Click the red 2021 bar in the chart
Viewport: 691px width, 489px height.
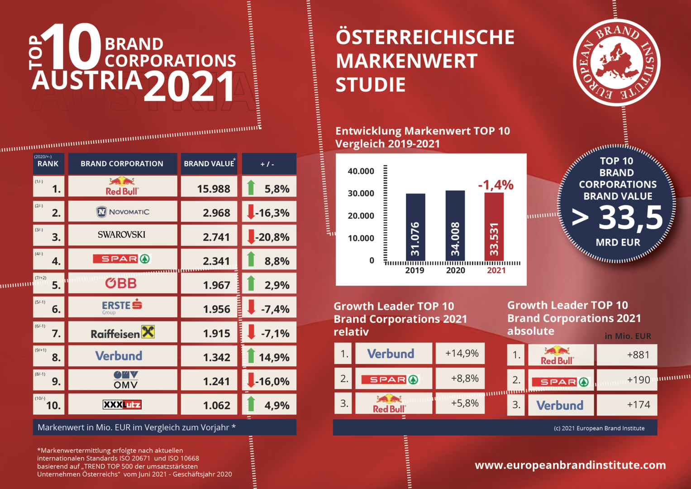pyautogui.click(x=494, y=227)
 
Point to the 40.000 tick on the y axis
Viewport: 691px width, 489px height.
pyautogui.click(x=361, y=171)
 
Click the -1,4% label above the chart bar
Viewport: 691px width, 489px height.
pyautogui.click(x=496, y=185)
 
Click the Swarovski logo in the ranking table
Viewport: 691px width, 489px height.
pyautogui.click(x=122, y=235)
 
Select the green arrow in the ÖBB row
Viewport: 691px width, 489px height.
pyautogui.click(x=251, y=283)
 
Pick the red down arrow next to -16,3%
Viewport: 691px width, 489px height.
pyautogui.click(x=251, y=212)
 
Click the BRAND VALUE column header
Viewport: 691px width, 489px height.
pyautogui.click(x=209, y=164)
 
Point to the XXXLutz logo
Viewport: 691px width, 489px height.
pyautogui.click(x=122, y=405)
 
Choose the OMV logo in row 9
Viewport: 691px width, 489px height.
pyautogui.click(x=125, y=380)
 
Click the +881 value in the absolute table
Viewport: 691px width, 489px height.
pyautogui.click(x=638, y=355)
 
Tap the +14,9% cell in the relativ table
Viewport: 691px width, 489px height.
pyautogui.click(x=461, y=354)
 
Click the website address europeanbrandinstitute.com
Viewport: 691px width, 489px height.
pyautogui.click(x=570, y=465)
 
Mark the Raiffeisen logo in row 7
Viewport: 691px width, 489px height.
pyautogui.click(x=123, y=333)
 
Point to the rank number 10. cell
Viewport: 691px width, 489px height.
pyautogui.click(x=49, y=404)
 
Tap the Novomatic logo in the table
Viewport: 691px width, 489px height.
pyautogui.click(x=123, y=212)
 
